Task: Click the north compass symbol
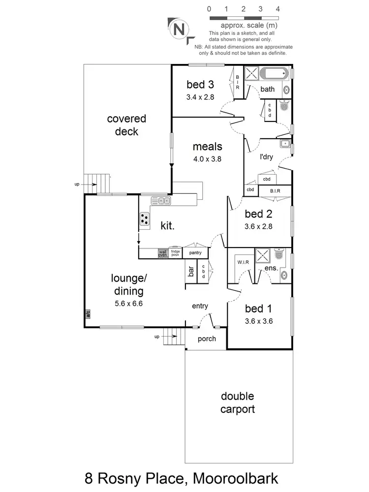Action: [x=178, y=29]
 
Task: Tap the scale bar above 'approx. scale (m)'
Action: [x=244, y=18]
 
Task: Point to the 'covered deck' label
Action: [x=126, y=125]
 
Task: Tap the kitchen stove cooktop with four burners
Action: [x=145, y=219]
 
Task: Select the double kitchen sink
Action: [x=161, y=200]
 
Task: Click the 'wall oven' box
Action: [x=163, y=253]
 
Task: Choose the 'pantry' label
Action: [x=195, y=253]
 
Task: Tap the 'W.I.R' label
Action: [x=243, y=262]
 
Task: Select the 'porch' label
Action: [x=206, y=339]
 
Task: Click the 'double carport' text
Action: [x=237, y=402]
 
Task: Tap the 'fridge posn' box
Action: [x=175, y=253]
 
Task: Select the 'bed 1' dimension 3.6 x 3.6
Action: [x=258, y=321]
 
